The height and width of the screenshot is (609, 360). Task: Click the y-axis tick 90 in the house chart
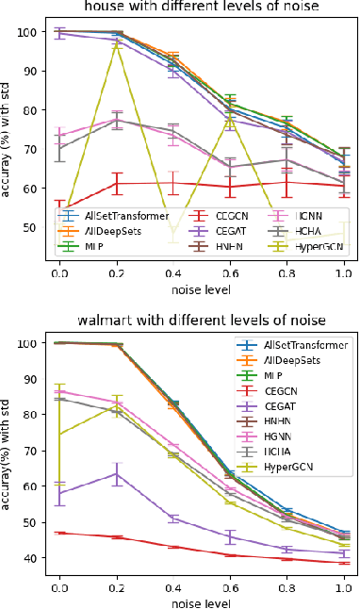point(31,71)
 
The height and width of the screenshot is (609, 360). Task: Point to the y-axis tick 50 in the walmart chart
point(31,522)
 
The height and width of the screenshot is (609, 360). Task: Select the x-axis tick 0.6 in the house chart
point(232,272)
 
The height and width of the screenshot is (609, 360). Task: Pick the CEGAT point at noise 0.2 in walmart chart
point(116,473)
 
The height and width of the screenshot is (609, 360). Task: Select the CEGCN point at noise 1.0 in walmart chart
point(346,563)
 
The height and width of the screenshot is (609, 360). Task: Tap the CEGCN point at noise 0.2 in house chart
point(116,183)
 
